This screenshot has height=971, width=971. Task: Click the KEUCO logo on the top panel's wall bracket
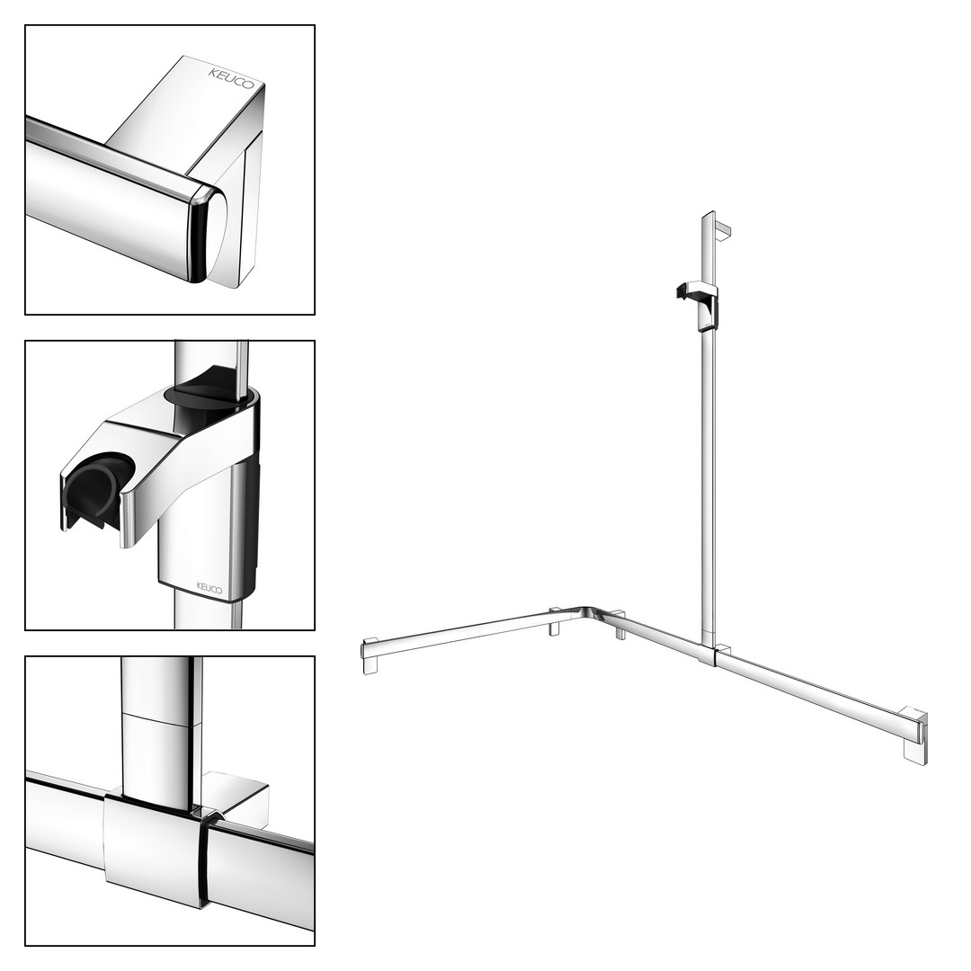point(231,78)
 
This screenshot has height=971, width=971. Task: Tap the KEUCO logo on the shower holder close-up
point(209,588)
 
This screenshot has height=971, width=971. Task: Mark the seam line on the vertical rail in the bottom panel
point(162,719)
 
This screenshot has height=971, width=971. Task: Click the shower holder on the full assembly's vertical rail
point(699,305)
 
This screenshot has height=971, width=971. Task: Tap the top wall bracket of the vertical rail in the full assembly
point(723,230)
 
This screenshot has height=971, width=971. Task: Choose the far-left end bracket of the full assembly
point(370,655)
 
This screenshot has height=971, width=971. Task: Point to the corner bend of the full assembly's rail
point(588,613)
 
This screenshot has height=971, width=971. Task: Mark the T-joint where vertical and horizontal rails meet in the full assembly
point(708,654)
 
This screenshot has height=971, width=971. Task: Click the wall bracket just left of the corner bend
point(555,620)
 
